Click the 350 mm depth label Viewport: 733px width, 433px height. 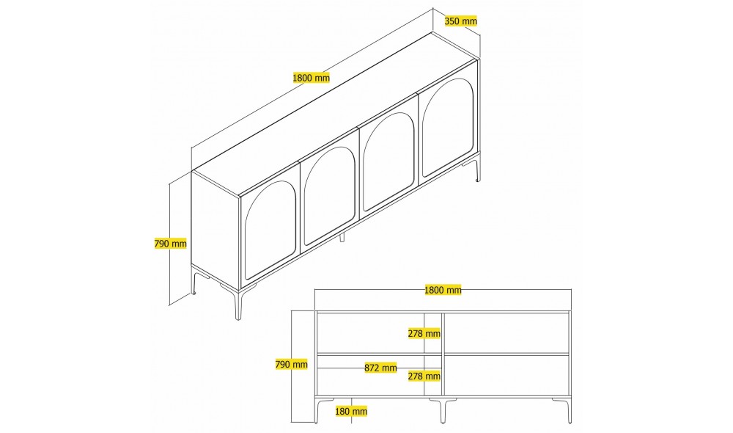pos(461,21)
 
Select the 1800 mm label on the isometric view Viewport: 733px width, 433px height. pos(311,77)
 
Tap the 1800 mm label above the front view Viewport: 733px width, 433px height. pos(443,290)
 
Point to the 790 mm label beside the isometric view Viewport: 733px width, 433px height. pos(170,244)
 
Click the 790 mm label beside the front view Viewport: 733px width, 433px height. pos(292,364)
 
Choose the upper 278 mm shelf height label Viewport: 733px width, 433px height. pos(424,333)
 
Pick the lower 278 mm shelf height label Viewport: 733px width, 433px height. pos(424,376)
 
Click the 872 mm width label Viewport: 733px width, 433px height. pos(381,368)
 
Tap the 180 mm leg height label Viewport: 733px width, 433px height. pos(350,412)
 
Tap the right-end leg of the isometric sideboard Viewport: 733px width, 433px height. pos(477,171)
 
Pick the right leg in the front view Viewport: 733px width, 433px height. pos(568,410)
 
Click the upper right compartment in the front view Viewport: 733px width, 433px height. pos(507,332)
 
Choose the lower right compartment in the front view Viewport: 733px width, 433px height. pos(507,376)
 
